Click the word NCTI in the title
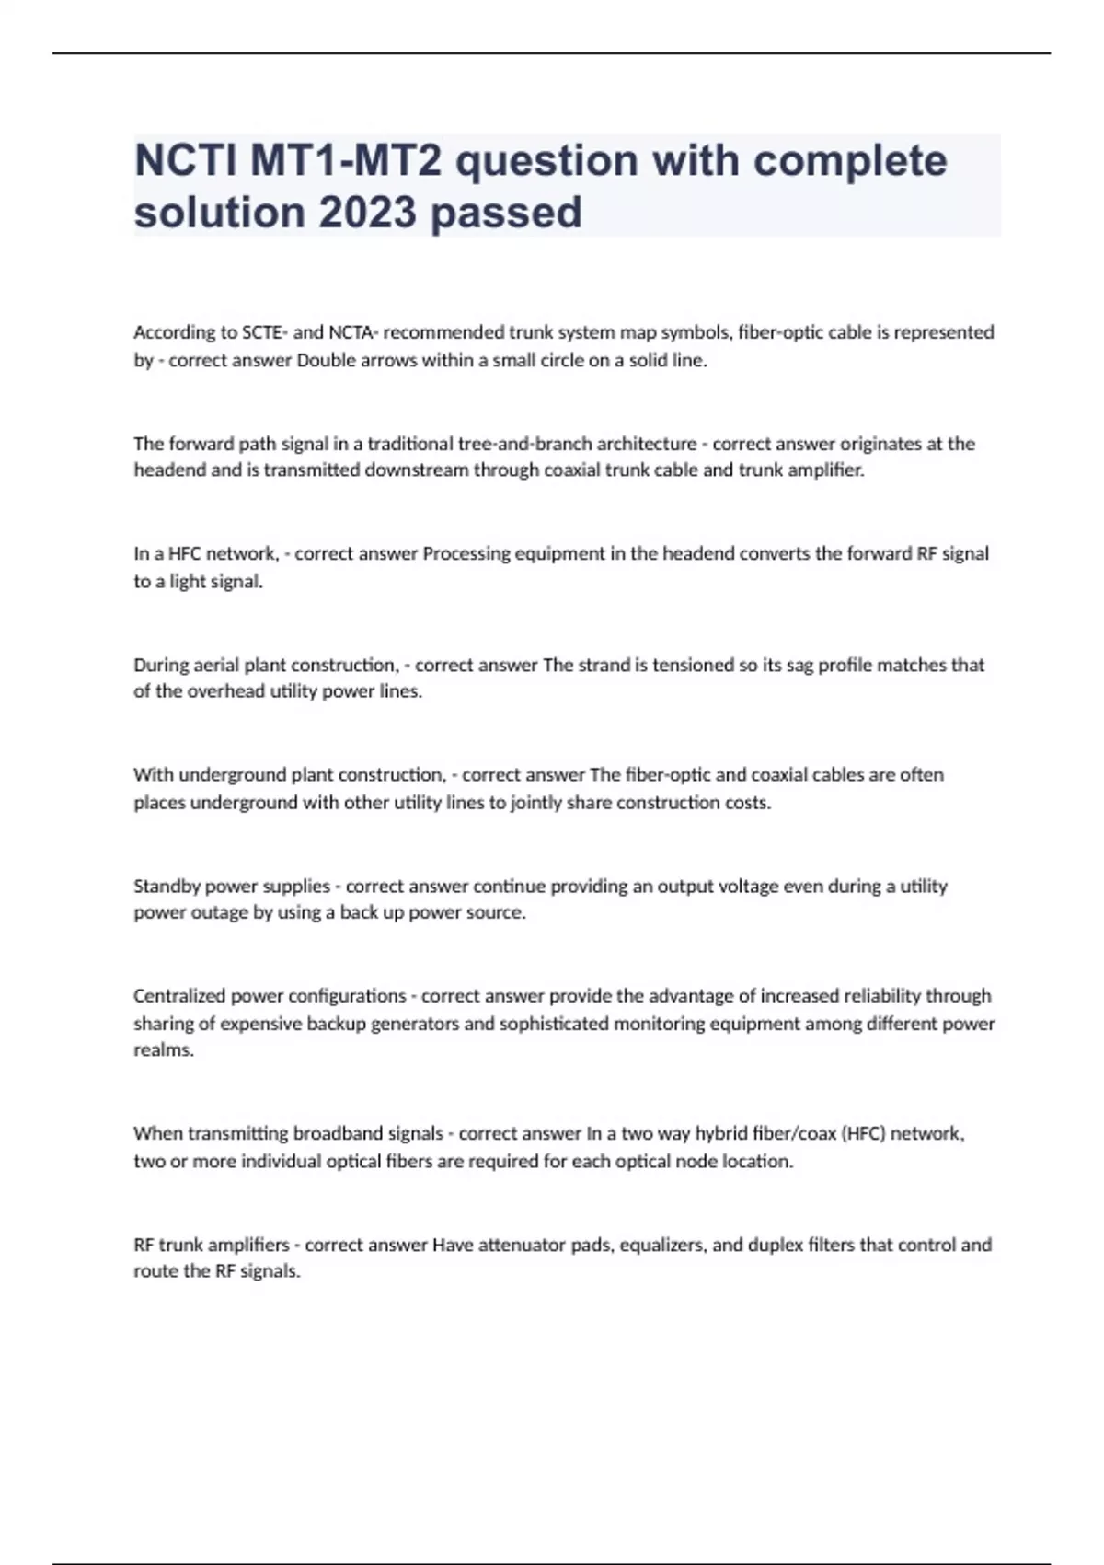184,161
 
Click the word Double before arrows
324,360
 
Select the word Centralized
178,996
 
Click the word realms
163,1050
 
